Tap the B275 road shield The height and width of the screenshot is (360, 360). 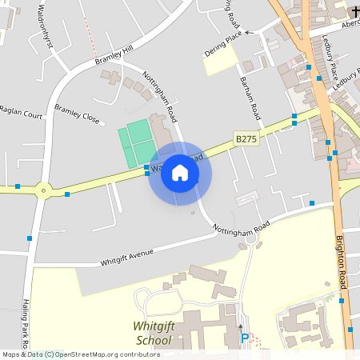[246, 138]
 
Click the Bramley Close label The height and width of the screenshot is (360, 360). [77, 113]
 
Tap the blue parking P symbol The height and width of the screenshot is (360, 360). [245, 339]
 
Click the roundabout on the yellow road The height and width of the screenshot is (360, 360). [42, 190]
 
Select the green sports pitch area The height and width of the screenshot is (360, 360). [135, 143]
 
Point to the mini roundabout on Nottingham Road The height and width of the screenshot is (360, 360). [250, 237]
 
